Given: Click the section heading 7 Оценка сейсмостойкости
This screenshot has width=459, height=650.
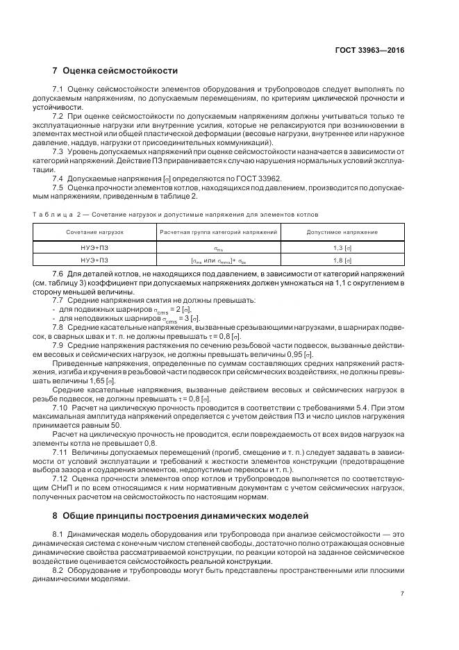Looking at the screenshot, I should (x=115, y=71).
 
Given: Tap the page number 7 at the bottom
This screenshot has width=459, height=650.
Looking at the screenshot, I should (x=402, y=593).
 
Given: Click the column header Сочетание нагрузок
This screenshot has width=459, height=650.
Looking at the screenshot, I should (x=94, y=231).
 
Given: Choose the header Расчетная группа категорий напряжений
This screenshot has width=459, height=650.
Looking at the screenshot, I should (x=219, y=231).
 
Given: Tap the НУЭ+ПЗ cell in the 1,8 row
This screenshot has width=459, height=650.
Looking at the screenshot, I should (x=94, y=260).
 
